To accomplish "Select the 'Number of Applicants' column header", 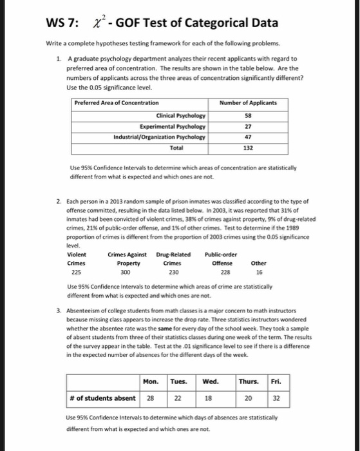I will coord(248,103).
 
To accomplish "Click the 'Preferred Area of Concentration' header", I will coord(117,103).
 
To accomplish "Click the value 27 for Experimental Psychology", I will coord(248,127).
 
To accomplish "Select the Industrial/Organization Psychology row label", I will coord(160,137).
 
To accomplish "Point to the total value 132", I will coord(248,148).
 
